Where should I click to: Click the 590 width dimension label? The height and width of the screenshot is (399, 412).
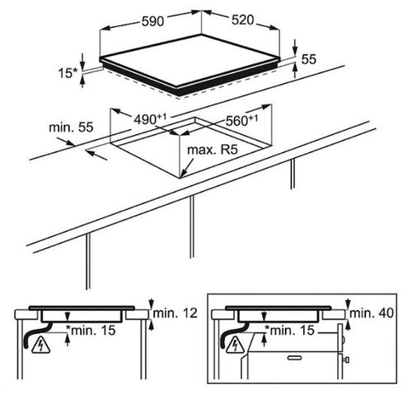pyautogui.click(x=152, y=21)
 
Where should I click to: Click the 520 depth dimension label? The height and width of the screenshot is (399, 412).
pyautogui.click(x=242, y=20)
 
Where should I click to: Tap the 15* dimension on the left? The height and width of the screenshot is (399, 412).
pyautogui.click(x=68, y=73)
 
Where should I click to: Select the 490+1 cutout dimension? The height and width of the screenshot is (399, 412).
pyautogui.click(x=150, y=119)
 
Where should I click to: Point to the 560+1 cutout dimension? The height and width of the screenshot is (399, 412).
pyautogui.click(x=241, y=120)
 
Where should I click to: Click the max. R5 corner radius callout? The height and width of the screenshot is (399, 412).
pyautogui.click(x=212, y=150)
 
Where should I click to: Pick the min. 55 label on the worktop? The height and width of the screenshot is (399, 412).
pyautogui.click(x=71, y=128)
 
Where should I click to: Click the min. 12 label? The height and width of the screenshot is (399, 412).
pyautogui.click(x=175, y=313)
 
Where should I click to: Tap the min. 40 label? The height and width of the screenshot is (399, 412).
pyautogui.click(x=372, y=313)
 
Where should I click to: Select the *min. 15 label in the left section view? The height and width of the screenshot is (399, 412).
pyautogui.click(x=91, y=330)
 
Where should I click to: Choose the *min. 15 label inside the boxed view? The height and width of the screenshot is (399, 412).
pyautogui.click(x=289, y=330)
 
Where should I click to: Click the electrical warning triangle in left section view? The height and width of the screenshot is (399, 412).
pyautogui.click(x=41, y=344)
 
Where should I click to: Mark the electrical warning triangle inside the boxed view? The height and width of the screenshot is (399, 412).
pyautogui.click(x=235, y=344)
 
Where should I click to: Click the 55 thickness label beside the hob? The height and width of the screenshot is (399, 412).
pyautogui.click(x=309, y=59)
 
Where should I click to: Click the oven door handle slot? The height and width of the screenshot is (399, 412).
pyautogui.click(x=295, y=358)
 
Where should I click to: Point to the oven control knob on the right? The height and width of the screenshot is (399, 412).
pyautogui.click(x=347, y=360)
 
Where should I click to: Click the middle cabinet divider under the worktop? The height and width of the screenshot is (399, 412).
pyautogui.click(x=191, y=226)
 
